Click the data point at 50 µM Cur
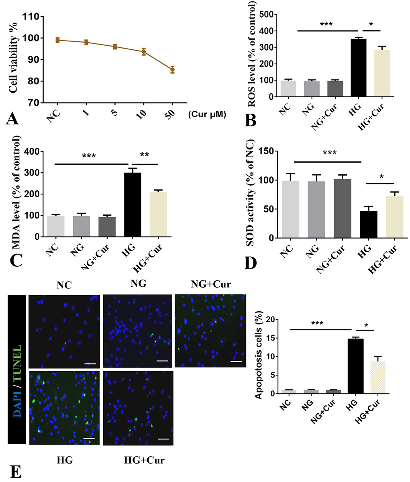pyautogui.click(x=172, y=69)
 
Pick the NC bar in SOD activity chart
pyautogui.click(x=291, y=209)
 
